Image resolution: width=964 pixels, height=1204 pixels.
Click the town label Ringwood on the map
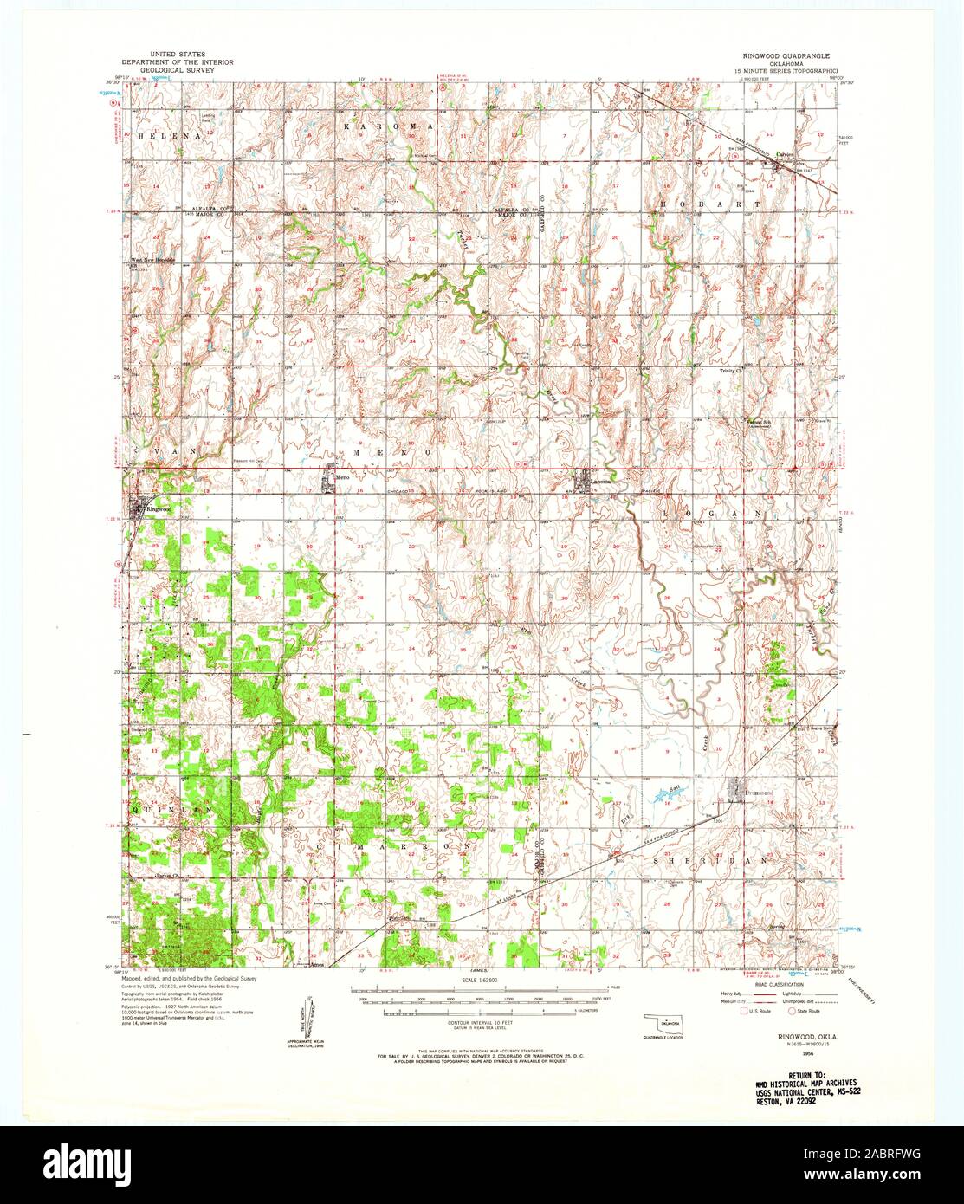[x=159, y=509]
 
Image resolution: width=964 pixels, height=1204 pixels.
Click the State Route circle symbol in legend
[x=791, y=1011]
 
